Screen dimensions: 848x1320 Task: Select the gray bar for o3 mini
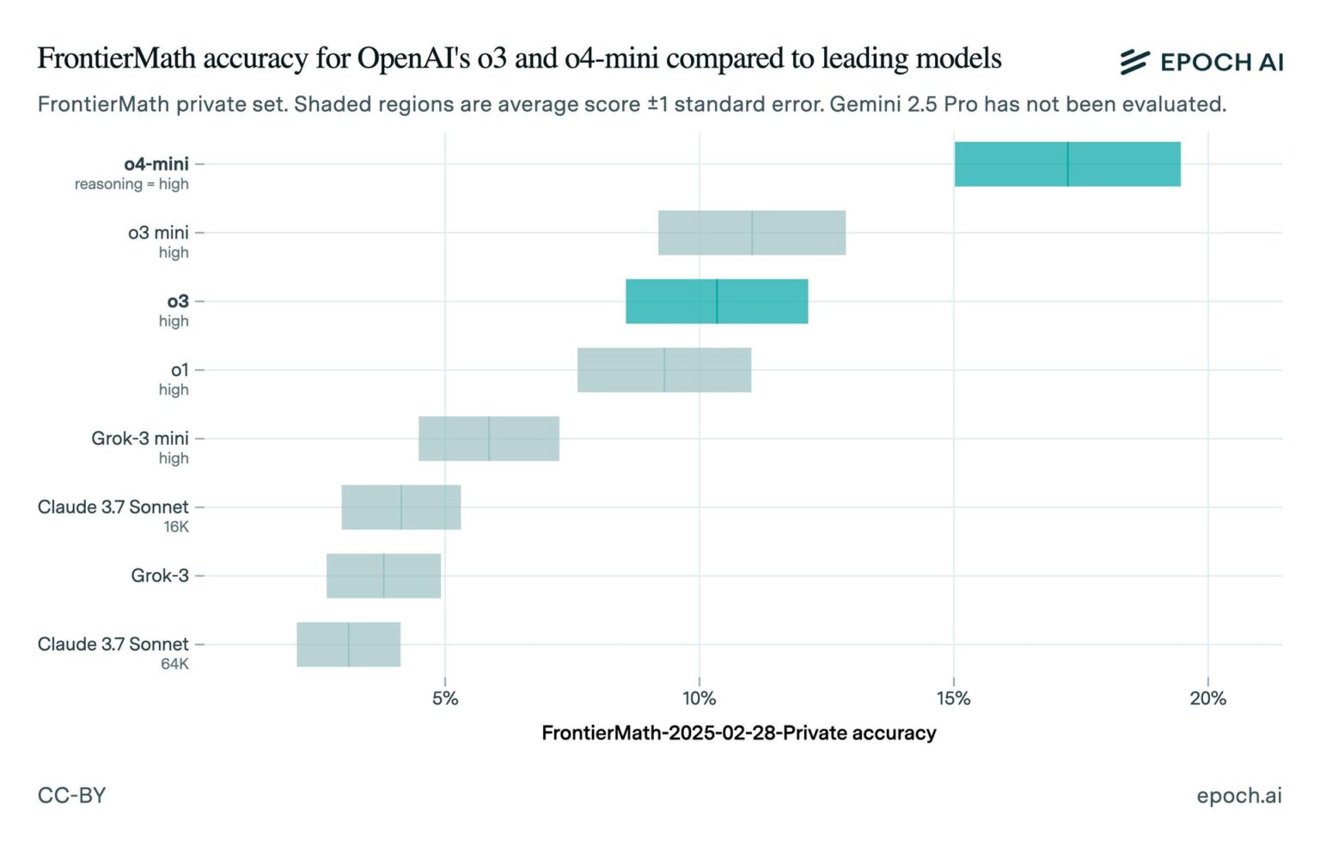coord(751,233)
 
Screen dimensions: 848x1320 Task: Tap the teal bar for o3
coord(716,302)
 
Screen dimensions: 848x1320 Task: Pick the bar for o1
coord(663,371)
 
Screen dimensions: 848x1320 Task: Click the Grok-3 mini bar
coord(488,439)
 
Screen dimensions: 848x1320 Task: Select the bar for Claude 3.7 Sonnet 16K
coord(400,507)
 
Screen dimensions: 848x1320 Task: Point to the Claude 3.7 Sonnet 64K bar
coord(348,644)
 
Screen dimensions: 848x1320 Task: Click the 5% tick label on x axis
coord(444,698)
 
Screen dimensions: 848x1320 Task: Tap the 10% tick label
coord(699,698)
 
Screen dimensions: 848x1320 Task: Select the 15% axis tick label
coord(953,698)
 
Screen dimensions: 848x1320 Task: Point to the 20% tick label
coord(1207,698)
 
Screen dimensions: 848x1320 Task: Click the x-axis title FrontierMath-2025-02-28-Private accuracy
coord(738,733)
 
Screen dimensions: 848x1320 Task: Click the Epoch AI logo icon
coord(1134,61)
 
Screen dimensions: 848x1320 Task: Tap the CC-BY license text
coord(71,795)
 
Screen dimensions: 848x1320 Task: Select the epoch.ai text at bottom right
coord(1238,796)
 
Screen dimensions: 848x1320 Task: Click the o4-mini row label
coord(156,163)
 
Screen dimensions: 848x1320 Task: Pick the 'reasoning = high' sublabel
coord(131,184)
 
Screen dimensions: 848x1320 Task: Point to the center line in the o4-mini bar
coord(1067,164)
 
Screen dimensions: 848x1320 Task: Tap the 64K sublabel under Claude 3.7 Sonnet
coord(174,664)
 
